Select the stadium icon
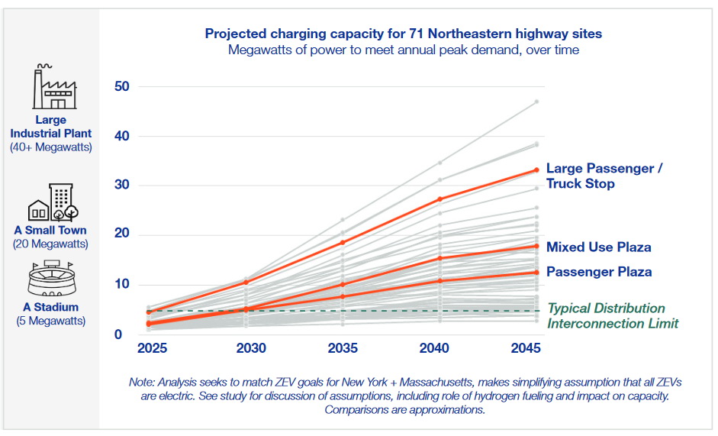tap(50, 280)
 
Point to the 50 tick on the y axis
tap(121, 86)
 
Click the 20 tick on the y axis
tap(121, 234)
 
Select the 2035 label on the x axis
tap(343, 349)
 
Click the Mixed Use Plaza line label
tap(598, 247)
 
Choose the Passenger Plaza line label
tap(598, 272)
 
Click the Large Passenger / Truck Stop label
tap(604, 176)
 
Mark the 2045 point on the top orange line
tap(536, 170)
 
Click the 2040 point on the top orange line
tap(440, 199)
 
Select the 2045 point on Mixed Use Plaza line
tap(536, 246)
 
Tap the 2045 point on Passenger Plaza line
tap(536, 273)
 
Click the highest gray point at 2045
tap(536, 102)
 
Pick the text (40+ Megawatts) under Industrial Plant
tap(50, 147)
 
